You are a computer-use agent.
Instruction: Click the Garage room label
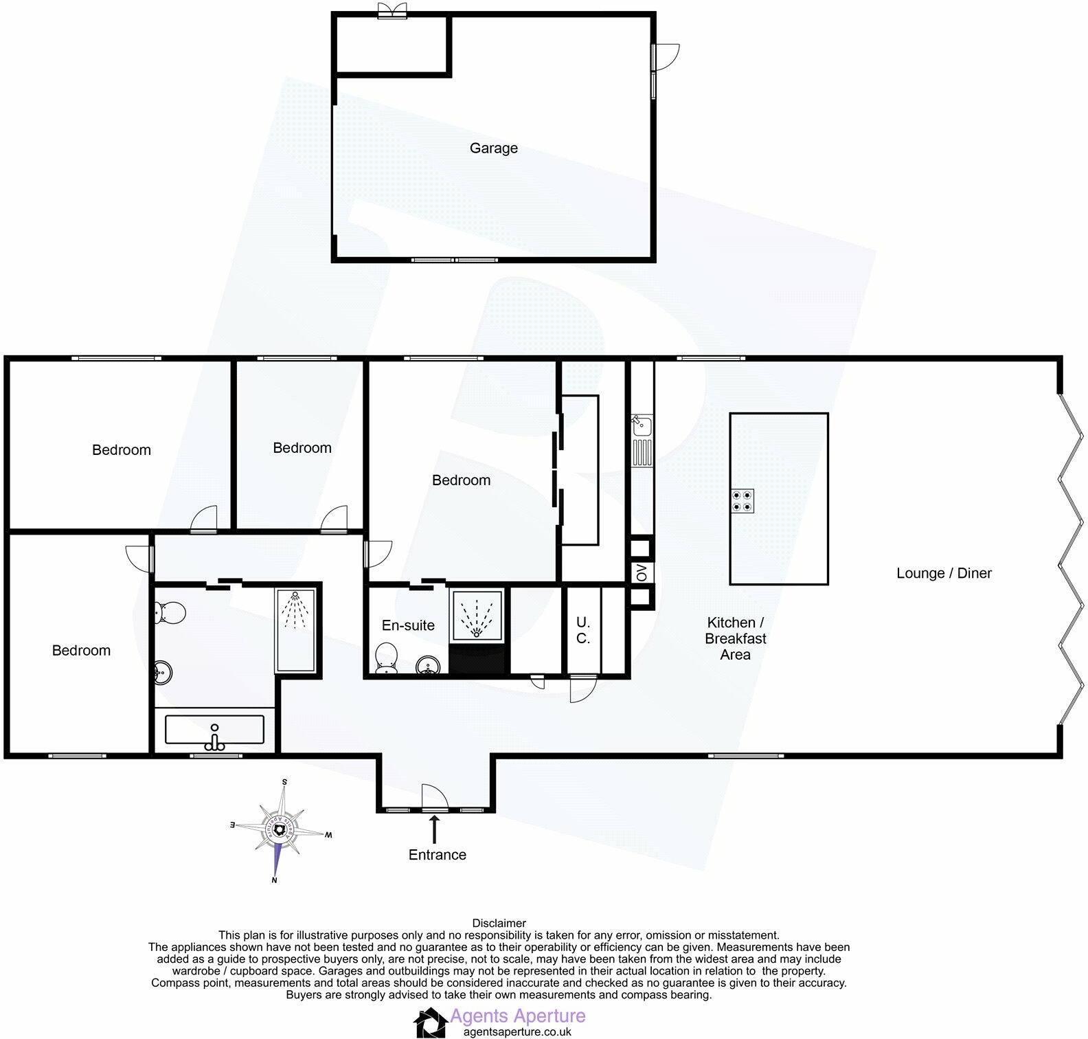493,148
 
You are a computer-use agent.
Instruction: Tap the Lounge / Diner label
944,573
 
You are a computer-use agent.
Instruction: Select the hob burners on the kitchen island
742,501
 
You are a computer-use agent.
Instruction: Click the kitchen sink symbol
642,425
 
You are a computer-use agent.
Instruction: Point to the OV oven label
642,572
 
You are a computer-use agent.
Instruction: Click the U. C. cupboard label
582,630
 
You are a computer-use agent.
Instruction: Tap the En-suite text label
408,625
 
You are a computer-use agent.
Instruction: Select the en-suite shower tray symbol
477,614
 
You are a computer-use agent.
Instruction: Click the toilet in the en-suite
387,658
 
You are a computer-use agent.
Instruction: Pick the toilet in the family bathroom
170,612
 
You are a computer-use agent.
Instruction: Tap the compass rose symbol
280,831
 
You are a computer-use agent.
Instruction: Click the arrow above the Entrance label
434,829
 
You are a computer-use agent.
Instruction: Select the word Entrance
437,855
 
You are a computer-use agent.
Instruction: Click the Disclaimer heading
499,924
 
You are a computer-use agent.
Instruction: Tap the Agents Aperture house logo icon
430,1023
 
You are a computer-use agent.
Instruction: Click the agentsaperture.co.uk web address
517,1031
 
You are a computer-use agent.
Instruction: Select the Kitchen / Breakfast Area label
736,638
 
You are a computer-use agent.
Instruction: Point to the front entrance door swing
434,797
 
